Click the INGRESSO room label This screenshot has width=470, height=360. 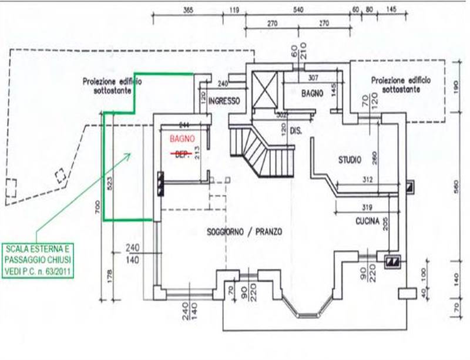[224, 100]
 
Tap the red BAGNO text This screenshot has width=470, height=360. [180, 140]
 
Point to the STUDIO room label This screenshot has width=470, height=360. [350, 159]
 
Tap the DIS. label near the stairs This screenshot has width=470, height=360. [295, 132]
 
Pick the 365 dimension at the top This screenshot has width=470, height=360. [188, 10]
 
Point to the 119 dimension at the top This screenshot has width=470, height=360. [234, 10]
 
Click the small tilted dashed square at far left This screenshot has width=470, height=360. [59, 176]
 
